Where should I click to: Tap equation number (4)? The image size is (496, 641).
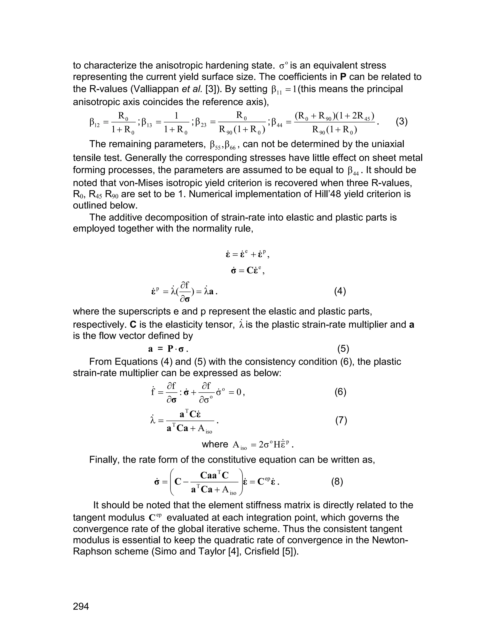pyautogui.click(x=340, y=291)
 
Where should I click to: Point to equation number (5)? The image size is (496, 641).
pyautogui.click(x=343, y=349)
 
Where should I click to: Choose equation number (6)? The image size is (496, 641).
pyautogui.click(x=340, y=392)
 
